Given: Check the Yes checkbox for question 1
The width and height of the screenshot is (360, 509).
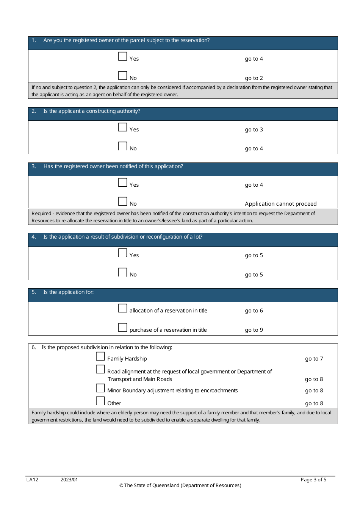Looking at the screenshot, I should [123, 56].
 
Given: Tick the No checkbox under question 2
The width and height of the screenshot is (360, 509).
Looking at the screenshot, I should [123, 146].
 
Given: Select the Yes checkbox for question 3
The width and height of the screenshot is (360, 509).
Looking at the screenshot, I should [123, 183].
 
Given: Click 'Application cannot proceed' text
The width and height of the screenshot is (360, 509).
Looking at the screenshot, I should [280, 204].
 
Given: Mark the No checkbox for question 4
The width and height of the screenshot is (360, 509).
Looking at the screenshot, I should [123, 272].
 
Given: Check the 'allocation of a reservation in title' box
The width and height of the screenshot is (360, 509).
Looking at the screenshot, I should [123, 308].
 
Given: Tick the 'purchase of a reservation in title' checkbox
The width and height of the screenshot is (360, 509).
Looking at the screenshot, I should [123, 328].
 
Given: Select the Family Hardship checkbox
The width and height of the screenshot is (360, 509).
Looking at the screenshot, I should [100, 356].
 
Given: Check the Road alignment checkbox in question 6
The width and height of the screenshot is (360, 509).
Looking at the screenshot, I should [100, 369].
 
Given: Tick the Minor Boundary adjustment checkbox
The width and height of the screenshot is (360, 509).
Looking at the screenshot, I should [100, 388].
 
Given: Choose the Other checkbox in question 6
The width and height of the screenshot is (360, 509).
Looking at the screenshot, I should [100, 401].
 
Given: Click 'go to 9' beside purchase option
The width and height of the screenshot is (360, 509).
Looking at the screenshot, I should [254, 330].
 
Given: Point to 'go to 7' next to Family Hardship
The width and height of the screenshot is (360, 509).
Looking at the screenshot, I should [314, 359].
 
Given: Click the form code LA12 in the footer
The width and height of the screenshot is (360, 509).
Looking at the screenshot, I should [32, 480].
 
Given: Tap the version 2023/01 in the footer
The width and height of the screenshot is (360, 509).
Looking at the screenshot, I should [69, 480].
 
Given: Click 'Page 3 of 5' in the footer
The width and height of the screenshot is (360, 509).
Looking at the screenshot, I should [313, 480].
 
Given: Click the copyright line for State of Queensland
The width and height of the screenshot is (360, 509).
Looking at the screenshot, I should [180, 486].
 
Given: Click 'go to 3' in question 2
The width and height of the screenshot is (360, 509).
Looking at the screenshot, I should [254, 130].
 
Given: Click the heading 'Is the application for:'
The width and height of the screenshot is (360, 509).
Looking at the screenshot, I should [68, 292].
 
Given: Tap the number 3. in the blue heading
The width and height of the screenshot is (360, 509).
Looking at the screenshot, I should [34, 166].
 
